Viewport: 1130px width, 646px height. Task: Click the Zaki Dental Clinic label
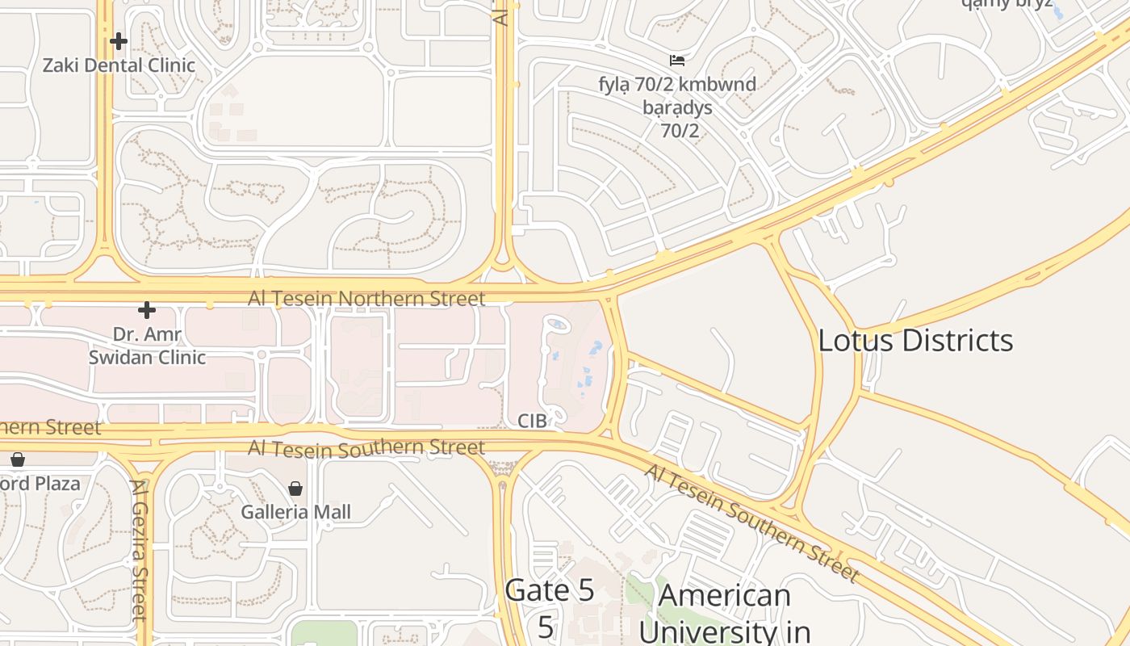(119, 65)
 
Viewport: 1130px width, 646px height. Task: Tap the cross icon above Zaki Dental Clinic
(119, 40)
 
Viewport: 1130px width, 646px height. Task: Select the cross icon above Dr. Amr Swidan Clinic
(146, 310)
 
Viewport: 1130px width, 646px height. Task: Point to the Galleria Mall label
(296, 512)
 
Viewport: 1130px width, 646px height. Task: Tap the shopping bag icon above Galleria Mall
(295, 489)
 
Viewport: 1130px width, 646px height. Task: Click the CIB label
(532, 421)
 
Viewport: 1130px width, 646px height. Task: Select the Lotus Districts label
(915, 341)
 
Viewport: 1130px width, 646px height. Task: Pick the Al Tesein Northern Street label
(366, 299)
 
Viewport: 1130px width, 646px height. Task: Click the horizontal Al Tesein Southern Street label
(366, 447)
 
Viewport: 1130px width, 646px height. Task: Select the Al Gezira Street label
(140, 549)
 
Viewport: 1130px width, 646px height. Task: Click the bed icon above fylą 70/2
(677, 61)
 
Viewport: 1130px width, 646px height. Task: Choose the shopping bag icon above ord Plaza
(18, 459)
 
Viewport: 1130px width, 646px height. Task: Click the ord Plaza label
(40, 484)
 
